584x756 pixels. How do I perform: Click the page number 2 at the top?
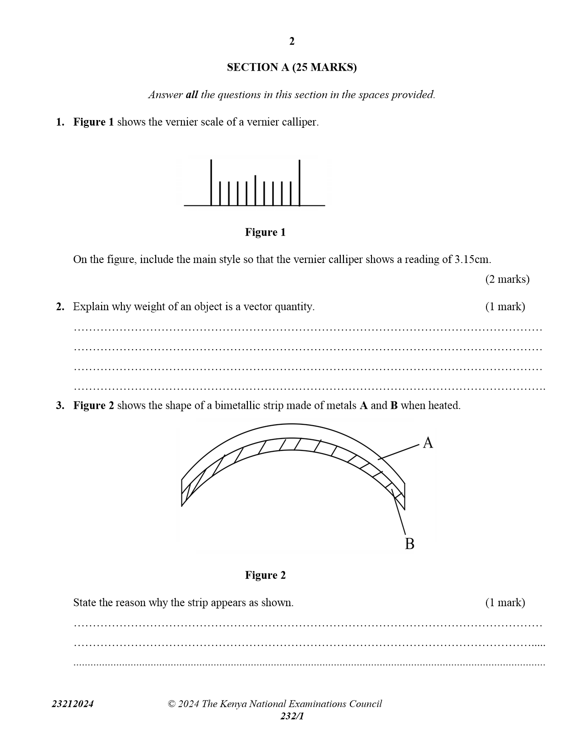[x=292, y=41]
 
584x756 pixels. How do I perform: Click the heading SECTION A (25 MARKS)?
[x=292, y=67]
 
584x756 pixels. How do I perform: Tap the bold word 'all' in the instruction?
[x=191, y=95]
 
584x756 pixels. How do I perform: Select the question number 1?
[x=60, y=122]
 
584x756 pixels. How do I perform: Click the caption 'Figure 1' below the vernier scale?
[x=265, y=232]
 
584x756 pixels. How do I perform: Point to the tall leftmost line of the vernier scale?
[x=211, y=182]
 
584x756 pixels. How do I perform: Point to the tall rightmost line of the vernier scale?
[x=300, y=182]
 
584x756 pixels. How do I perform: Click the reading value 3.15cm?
[x=472, y=259]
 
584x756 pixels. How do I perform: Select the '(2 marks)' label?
[x=507, y=279]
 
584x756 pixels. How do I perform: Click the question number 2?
[x=60, y=307]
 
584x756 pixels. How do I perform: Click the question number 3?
[x=60, y=405]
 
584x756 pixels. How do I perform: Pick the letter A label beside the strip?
[x=428, y=443]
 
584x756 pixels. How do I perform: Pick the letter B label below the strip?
[x=409, y=544]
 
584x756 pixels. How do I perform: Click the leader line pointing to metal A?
[x=398, y=452]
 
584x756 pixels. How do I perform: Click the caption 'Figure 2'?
[x=265, y=575]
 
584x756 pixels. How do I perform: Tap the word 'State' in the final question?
[x=85, y=603]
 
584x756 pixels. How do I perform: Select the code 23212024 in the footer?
[x=72, y=704]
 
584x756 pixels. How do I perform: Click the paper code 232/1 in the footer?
[x=292, y=716]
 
